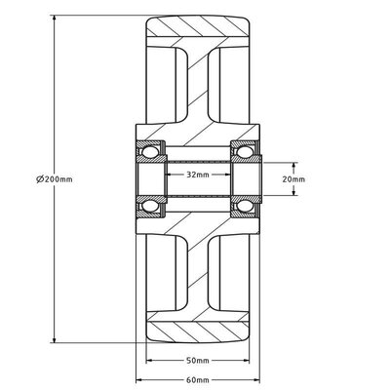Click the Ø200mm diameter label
55,179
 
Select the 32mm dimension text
198,175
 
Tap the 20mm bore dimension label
293,179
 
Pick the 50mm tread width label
198,360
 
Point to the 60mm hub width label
198,379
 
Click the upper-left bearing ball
150,152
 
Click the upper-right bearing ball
245,152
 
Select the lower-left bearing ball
150,206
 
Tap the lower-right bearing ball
245,206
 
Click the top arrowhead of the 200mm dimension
55,19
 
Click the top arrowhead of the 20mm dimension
293,167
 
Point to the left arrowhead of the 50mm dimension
150,360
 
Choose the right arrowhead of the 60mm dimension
255,379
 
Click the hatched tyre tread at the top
198,26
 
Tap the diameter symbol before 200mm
40,179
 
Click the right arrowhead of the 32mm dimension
227,175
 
